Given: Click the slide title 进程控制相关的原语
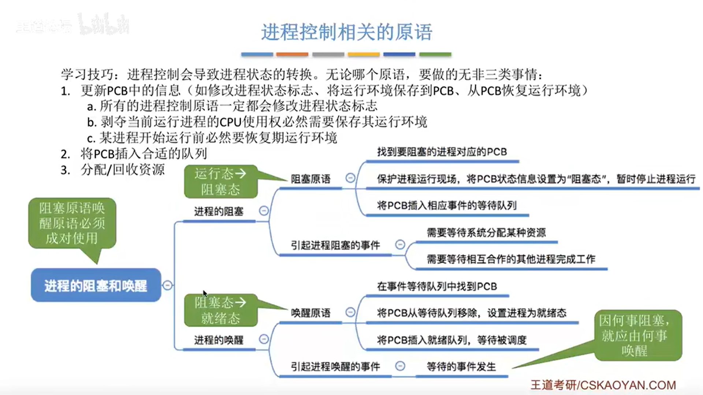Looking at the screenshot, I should (x=346, y=32).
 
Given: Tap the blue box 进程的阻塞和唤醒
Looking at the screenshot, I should (x=96, y=285).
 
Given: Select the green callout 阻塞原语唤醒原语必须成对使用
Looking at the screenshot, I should (x=72, y=223).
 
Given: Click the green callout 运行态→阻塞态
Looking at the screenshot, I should (x=220, y=181).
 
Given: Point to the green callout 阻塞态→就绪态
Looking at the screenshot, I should (x=220, y=310).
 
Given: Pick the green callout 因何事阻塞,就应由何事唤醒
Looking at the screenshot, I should (x=638, y=335).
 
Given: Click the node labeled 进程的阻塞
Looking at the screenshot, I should (x=219, y=211).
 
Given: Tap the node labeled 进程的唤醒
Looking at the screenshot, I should (x=219, y=340).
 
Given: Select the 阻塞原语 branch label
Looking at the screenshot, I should (x=310, y=179).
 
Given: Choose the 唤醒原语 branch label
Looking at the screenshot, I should (x=310, y=313).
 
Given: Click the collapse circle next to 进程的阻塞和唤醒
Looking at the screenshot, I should (x=167, y=285).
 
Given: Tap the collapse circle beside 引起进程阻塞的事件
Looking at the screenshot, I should (x=400, y=245).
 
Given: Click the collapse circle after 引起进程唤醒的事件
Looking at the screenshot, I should (x=400, y=366).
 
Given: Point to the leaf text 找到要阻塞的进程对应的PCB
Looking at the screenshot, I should (x=442, y=152).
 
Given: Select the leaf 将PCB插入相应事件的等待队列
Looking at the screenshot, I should (x=447, y=206).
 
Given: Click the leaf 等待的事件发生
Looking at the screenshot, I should (x=461, y=366).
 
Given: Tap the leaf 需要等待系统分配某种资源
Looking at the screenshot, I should (x=486, y=233).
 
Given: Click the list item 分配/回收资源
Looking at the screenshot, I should (x=122, y=170).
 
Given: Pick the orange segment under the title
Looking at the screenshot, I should (x=292, y=54).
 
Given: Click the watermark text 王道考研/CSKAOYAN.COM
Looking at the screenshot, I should (x=603, y=385).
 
